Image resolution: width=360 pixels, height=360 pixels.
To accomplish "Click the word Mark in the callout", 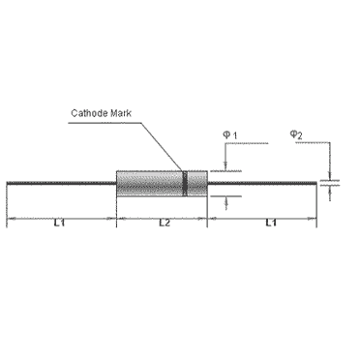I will [124, 113].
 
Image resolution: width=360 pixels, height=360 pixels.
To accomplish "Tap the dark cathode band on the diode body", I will [185, 183].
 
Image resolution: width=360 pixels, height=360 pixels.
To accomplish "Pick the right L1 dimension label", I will [270, 224].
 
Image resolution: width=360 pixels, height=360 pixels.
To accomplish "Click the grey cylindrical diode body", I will [150, 183].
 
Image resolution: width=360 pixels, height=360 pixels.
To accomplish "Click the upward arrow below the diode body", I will [225, 201].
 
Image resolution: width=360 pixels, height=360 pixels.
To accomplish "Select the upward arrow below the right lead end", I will [330, 192].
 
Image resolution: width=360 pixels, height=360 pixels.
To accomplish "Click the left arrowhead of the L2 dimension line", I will [120, 221].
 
